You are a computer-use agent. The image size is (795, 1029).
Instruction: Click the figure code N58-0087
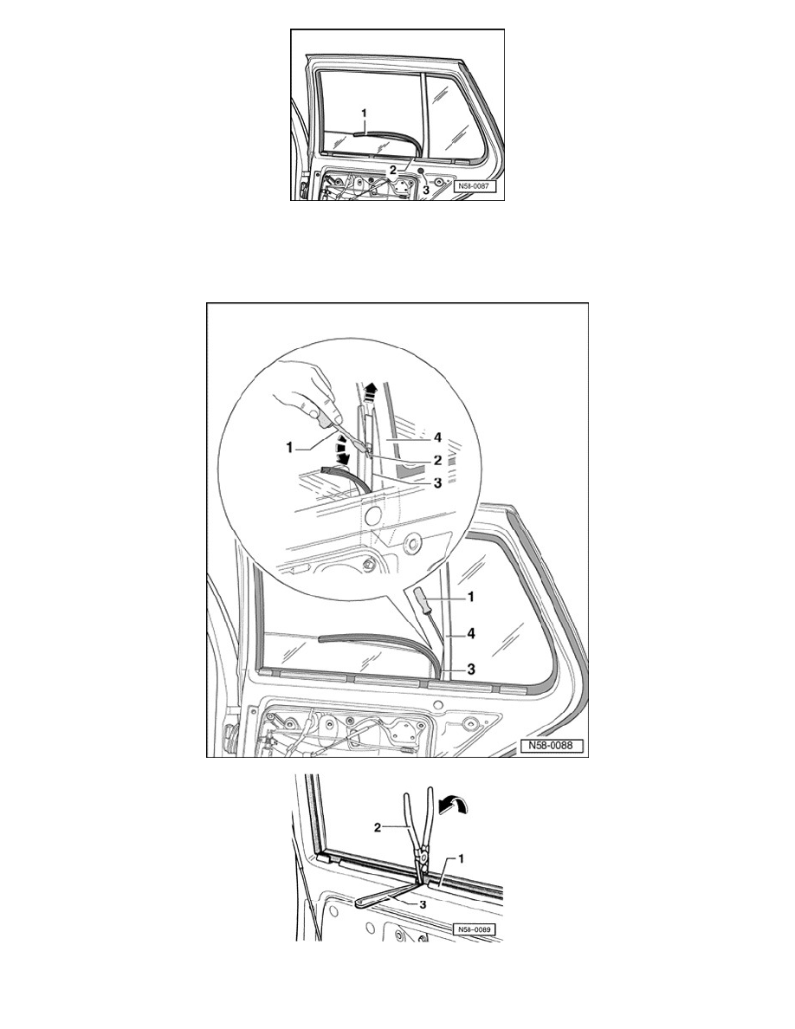click(x=475, y=185)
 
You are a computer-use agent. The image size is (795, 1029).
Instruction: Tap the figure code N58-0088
click(x=552, y=746)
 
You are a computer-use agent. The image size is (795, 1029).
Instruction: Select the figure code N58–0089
click(x=474, y=929)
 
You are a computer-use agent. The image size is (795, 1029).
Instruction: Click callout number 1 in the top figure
click(x=364, y=113)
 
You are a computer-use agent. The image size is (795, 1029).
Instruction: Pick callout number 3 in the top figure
click(x=425, y=189)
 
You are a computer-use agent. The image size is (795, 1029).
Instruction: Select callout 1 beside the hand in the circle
click(x=288, y=448)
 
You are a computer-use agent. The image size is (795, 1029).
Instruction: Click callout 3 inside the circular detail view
click(x=436, y=483)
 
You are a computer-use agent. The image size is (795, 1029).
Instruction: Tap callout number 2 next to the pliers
click(x=378, y=827)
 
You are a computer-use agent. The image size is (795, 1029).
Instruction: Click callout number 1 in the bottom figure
click(x=461, y=857)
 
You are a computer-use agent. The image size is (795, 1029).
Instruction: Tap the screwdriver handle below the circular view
click(x=418, y=599)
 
